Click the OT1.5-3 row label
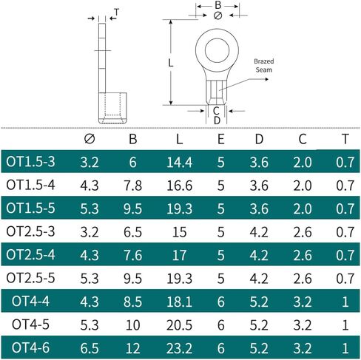point(30,162)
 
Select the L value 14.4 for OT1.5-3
point(179,163)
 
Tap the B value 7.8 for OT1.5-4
point(132,186)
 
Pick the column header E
point(220,139)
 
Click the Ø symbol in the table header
point(90,139)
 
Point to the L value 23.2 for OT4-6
point(179,348)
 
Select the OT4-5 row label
point(30,325)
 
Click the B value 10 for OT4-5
point(132,325)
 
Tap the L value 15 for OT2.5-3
point(179,232)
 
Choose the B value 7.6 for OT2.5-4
point(132,255)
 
